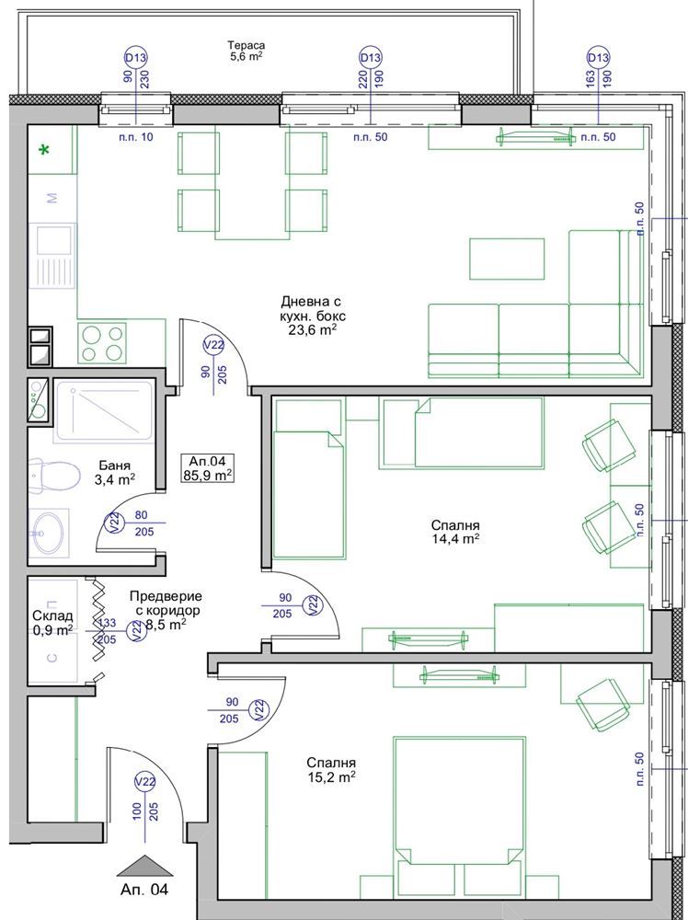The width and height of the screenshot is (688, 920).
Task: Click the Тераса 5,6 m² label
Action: coord(247,51)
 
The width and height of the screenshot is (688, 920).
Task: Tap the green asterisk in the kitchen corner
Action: coord(44,150)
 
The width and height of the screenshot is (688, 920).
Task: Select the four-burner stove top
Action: coord(104,343)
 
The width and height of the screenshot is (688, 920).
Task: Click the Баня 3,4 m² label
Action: coord(118,472)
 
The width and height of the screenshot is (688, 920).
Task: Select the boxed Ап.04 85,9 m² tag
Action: coord(208,468)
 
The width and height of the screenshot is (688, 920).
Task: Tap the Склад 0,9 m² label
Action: coord(52,622)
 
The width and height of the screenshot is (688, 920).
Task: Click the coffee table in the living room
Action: coord(507,259)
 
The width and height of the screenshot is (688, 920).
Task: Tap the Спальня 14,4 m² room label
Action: coord(454,531)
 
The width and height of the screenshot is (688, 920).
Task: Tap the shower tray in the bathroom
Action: coord(104,411)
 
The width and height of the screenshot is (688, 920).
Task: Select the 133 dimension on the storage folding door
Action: coord(108,623)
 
